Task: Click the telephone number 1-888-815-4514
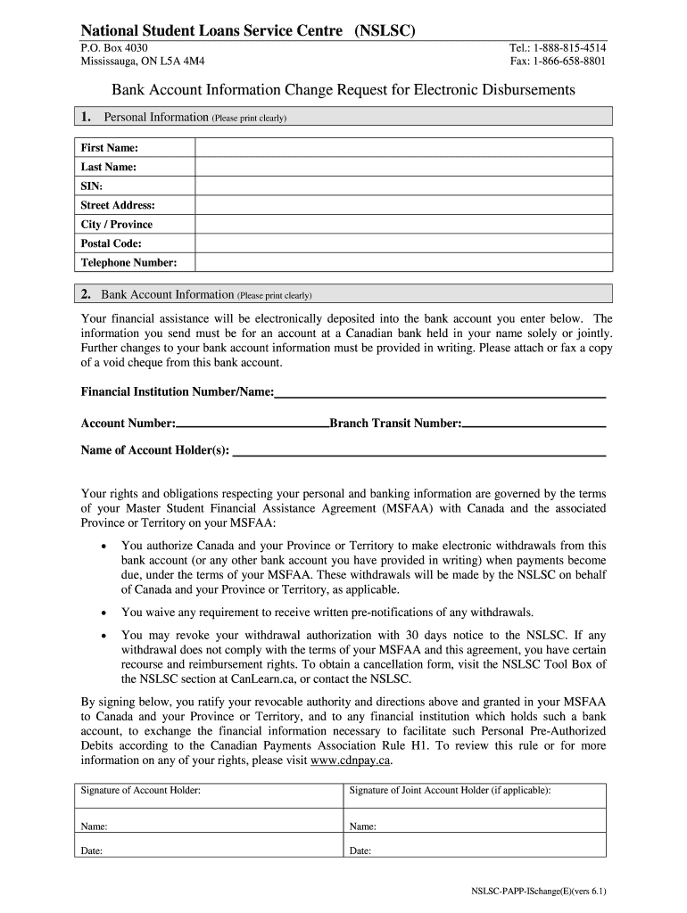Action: [571, 47]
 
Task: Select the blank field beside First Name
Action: [404, 148]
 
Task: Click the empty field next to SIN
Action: [404, 186]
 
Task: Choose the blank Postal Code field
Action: [404, 243]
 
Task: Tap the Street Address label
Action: [118, 205]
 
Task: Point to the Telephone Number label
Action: [128, 262]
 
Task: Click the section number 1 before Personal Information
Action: [86, 117]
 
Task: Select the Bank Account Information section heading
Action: [168, 294]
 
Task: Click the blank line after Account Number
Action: [252, 424]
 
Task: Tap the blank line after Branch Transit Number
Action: [534, 424]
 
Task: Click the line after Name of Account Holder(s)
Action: [418, 452]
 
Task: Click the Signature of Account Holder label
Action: [140, 791]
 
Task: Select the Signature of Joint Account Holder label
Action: [450, 791]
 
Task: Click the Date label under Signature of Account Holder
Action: [91, 851]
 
